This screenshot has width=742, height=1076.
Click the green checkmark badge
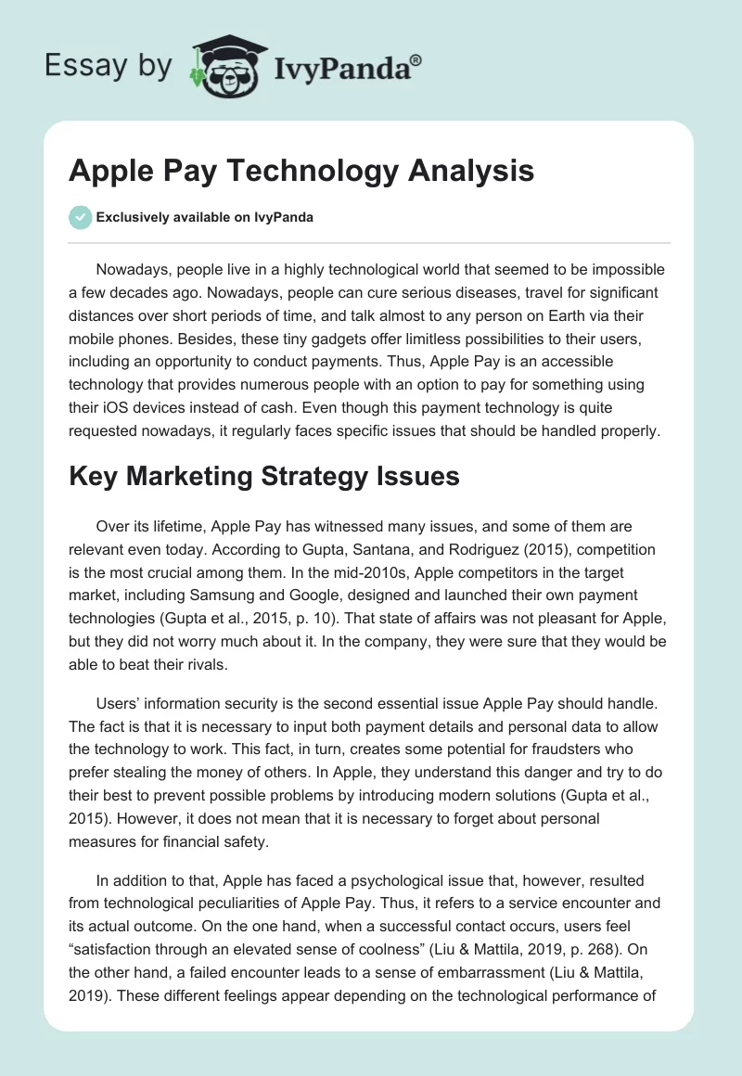point(80,217)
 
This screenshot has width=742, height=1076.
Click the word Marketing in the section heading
point(184,476)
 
